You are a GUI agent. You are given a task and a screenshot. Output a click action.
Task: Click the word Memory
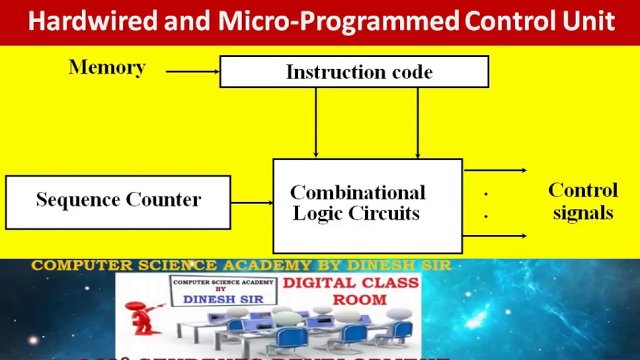coord(107,67)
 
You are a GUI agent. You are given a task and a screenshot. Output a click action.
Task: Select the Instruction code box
coord(354,72)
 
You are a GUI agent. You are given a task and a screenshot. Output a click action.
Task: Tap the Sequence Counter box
coord(118,202)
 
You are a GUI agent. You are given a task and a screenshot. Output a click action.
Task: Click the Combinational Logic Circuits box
coord(367,206)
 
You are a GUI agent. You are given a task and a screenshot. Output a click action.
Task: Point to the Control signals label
coord(583,201)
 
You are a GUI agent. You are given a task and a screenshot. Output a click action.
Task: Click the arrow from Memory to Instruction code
coord(192,71)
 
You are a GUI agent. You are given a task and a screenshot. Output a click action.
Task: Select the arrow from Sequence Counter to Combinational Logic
coord(251,202)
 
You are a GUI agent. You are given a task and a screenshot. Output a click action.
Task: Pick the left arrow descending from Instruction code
coord(315,123)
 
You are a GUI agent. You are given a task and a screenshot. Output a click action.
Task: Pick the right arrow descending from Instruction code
coord(417,123)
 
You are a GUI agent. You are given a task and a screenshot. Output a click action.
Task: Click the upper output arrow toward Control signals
coord(495,170)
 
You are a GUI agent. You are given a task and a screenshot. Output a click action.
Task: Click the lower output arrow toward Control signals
coord(495,235)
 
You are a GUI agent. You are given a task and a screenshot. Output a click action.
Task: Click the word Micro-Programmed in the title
coord(338,21)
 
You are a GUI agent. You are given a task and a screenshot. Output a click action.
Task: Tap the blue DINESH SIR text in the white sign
coord(223,298)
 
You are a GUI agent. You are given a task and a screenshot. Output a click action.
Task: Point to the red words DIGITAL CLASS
coord(351,283)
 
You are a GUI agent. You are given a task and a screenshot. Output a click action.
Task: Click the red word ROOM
coord(359,299)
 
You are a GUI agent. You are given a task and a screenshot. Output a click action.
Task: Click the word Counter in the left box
coord(163,199)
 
